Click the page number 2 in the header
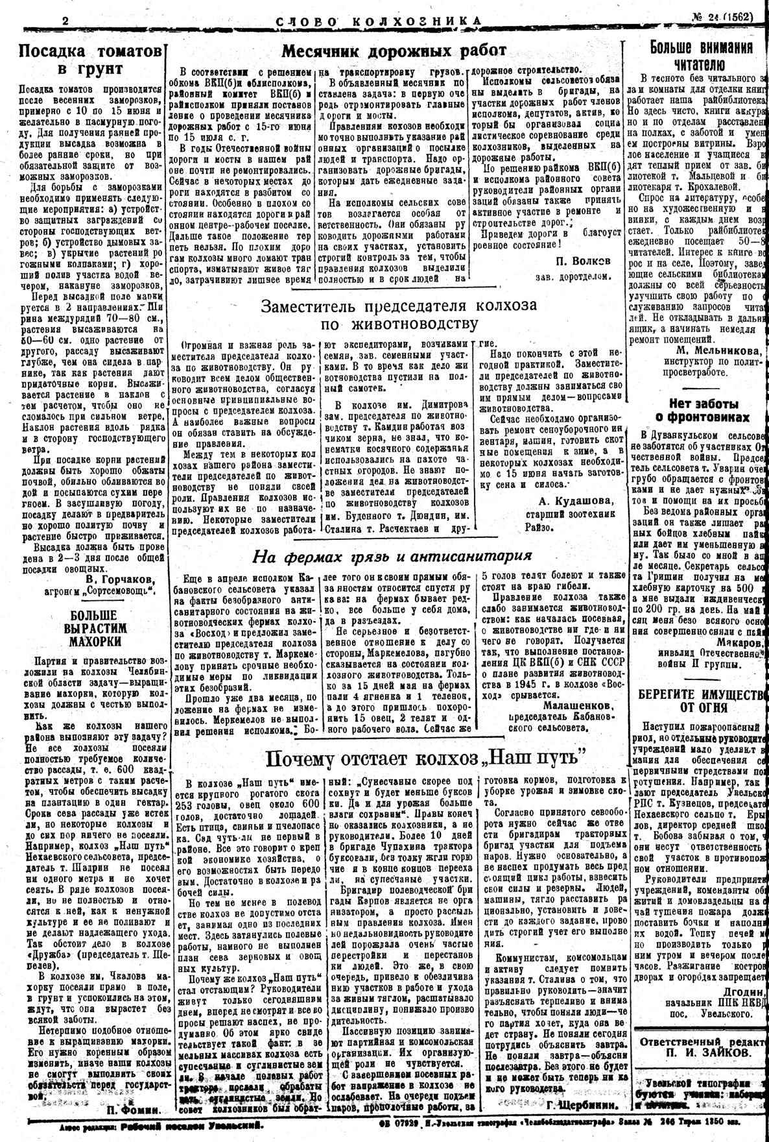click(x=65, y=19)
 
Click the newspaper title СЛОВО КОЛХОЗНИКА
click(x=379, y=21)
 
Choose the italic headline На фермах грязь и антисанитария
click(x=392, y=555)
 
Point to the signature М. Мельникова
click(x=716, y=351)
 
